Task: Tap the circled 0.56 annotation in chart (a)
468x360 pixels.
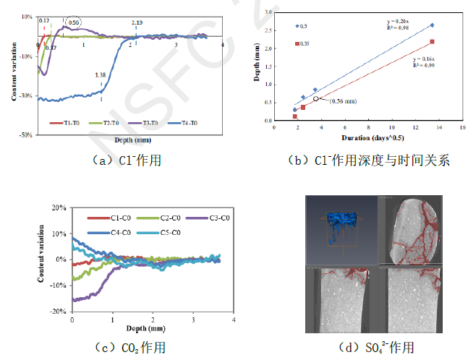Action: click(x=73, y=22)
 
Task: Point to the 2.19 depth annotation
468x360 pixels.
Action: click(x=137, y=23)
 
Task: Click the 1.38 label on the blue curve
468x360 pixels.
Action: click(x=101, y=74)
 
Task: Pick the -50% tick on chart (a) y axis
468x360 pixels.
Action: click(x=25, y=134)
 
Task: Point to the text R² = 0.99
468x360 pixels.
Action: click(x=423, y=66)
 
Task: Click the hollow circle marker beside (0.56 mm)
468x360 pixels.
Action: click(x=316, y=99)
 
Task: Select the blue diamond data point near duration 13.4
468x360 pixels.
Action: click(x=432, y=25)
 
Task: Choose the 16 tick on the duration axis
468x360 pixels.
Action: click(x=462, y=128)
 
